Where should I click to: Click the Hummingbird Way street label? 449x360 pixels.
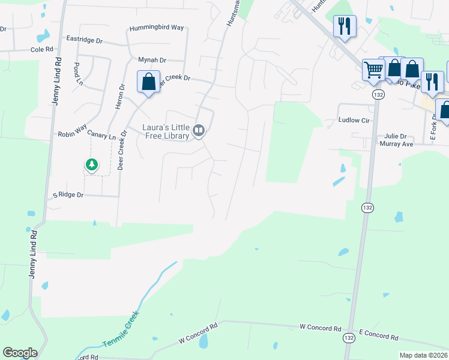pos(157,28)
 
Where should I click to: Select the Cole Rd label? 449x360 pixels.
pos(42,50)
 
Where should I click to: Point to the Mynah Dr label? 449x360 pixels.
pos(152,60)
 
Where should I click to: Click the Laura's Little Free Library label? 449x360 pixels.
pos(166,131)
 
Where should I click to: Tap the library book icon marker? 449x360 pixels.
pos(199,130)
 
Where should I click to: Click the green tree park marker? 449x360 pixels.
pos(91,164)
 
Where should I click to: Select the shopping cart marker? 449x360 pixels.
pos(373,70)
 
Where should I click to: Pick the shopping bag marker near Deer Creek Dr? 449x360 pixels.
pos(148,82)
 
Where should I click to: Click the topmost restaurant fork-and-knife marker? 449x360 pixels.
pos(345,26)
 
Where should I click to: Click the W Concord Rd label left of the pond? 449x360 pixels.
pos(197,335)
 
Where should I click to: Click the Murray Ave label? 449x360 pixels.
pos(396,144)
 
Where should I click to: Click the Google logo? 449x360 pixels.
pos(20,353)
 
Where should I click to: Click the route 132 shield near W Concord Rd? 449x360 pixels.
pos(349,338)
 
